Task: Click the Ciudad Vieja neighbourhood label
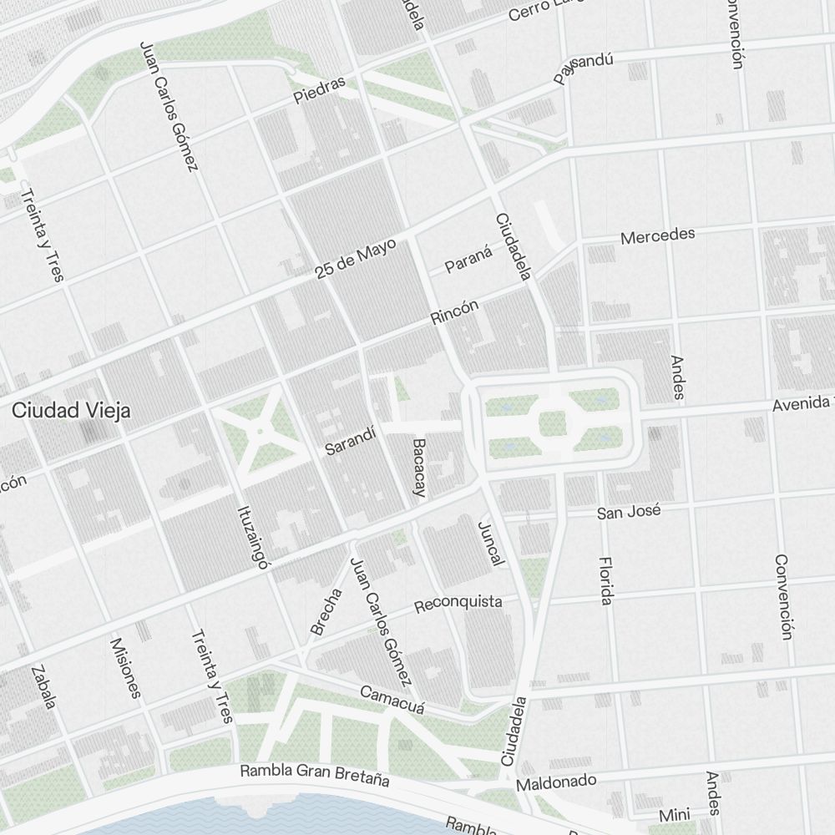pyautogui.click(x=72, y=411)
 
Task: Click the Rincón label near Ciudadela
pyautogui.click(x=455, y=312)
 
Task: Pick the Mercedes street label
pyautogui.click(x=657, y=235)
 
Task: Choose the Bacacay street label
pyautogui.click(x=419, y=468)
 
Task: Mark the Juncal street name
pyautogui.click(x=490, y=544)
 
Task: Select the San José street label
pyautogui.click(x=629, y=511)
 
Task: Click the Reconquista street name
pyautogui.click(x=458, y=603)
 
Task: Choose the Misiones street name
pyautogui.click(x=126, y=668)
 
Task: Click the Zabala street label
pyautogui.click(x=43, y=687)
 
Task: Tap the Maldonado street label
pyautogui.click(x=556, y=782)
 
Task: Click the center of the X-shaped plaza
pyautogui.click(x=260, y=431)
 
